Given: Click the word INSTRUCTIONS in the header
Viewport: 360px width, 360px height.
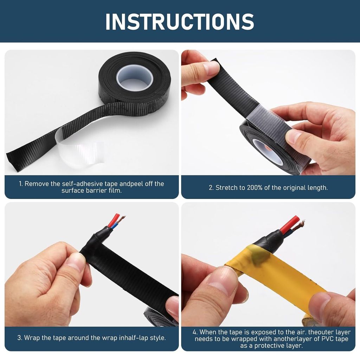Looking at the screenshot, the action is (x=180, y=21).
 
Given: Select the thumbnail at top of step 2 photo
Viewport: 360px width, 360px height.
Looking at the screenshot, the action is (x=211, y=68).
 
